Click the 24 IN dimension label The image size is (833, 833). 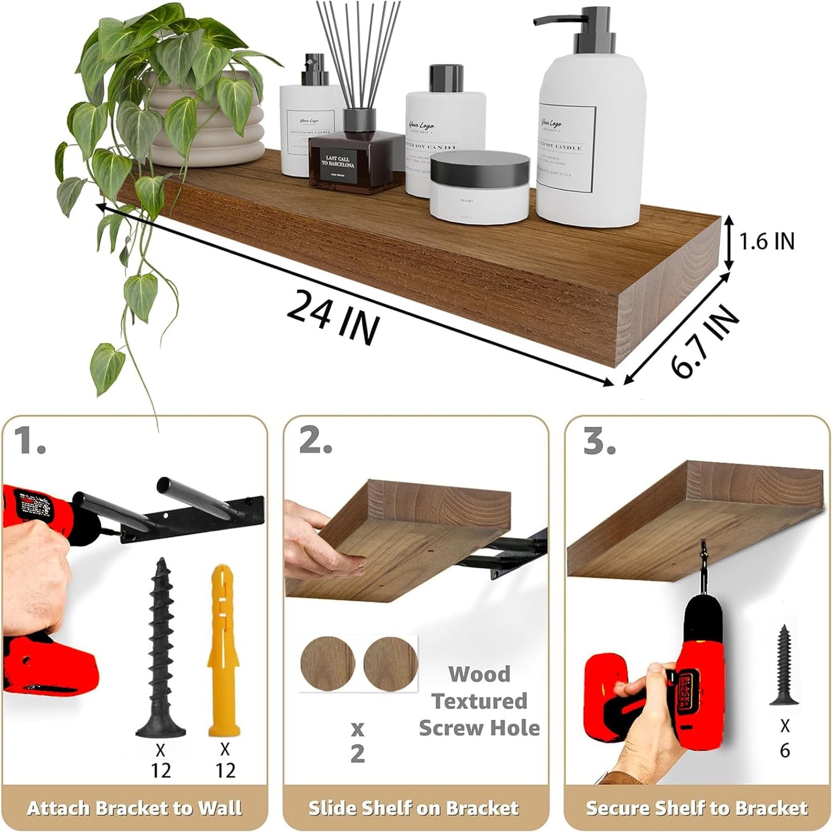(x=333, y=317)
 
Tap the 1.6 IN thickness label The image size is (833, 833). (x=766, y=241)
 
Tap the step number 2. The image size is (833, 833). (x=315, y=442)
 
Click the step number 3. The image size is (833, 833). (x=599, y=442)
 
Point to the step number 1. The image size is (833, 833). (x=29, y=442)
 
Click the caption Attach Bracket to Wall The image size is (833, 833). (x=134, y=808)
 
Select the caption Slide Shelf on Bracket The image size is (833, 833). (x=414, y=808)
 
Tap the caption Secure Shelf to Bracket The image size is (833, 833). (x=696, y=808)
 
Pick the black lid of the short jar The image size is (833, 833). (x=479, y=167)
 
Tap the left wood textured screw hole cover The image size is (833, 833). (x=327, y=664)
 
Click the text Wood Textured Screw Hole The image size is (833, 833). (x=479, y=701)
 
